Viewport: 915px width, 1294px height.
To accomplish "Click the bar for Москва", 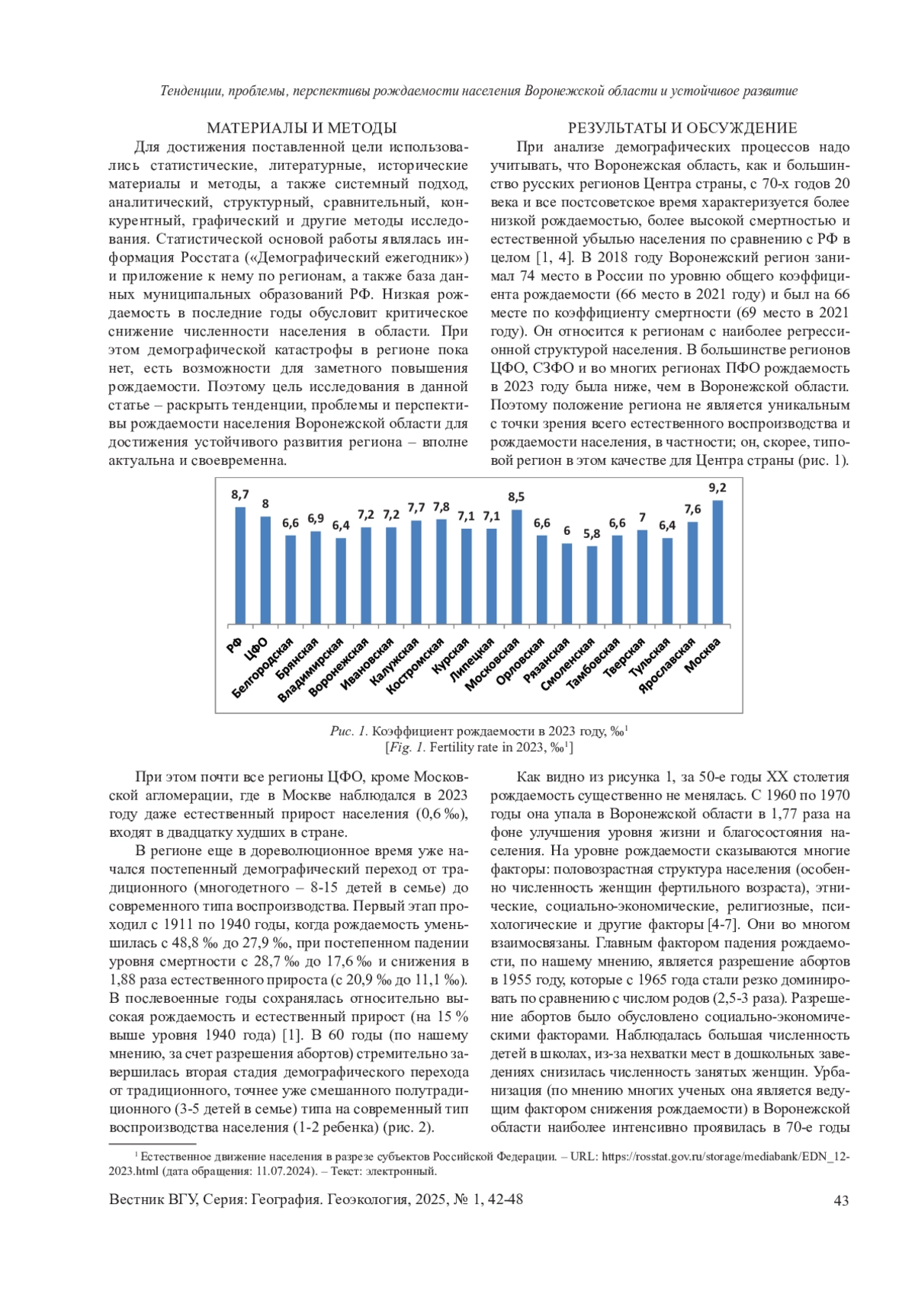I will coord(718,562).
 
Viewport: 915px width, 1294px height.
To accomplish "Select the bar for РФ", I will coord(240,565).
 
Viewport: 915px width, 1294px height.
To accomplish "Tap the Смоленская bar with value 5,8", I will coord(592,585).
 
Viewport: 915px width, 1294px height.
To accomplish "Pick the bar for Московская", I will coord(516,567).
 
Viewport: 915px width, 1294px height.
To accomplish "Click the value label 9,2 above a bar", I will coord(718,488).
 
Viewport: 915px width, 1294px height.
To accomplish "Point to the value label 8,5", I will coord(516,497).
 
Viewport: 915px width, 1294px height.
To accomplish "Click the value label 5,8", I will coord(592,533).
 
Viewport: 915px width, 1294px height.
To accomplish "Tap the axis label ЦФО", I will coord(256,649).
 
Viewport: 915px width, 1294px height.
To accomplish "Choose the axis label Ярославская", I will coord(668,665).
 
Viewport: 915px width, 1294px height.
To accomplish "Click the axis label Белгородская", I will coord(263,668).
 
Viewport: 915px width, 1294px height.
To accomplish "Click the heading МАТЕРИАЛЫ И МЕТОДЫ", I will coord(302,128).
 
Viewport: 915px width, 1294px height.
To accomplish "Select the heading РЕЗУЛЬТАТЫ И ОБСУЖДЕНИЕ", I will coord(682,128).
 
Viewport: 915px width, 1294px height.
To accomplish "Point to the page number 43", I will coord(842,1200).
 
